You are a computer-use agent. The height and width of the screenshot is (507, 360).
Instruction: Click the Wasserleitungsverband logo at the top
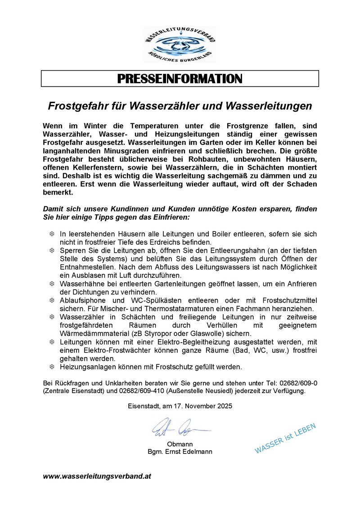[180, 44]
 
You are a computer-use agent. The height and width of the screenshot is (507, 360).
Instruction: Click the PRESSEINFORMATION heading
[180, 79]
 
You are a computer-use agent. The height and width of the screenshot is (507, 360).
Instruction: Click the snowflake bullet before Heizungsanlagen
[51, 367]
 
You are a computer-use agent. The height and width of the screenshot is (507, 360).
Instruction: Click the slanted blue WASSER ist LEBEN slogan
[285, 438]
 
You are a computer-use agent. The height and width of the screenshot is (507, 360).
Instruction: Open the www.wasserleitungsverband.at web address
[97, 476]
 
